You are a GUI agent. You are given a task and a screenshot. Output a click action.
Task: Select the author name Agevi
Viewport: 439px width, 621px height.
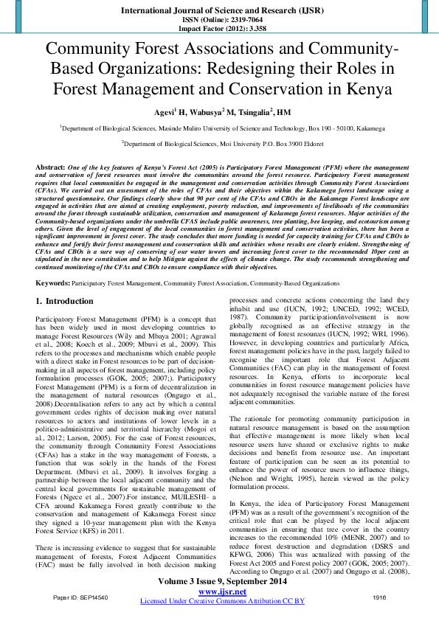[162, 112]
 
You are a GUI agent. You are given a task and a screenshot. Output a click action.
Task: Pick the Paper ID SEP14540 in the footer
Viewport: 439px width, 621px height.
[80, 596]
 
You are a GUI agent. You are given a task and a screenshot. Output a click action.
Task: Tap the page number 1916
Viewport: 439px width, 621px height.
[379, 596]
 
